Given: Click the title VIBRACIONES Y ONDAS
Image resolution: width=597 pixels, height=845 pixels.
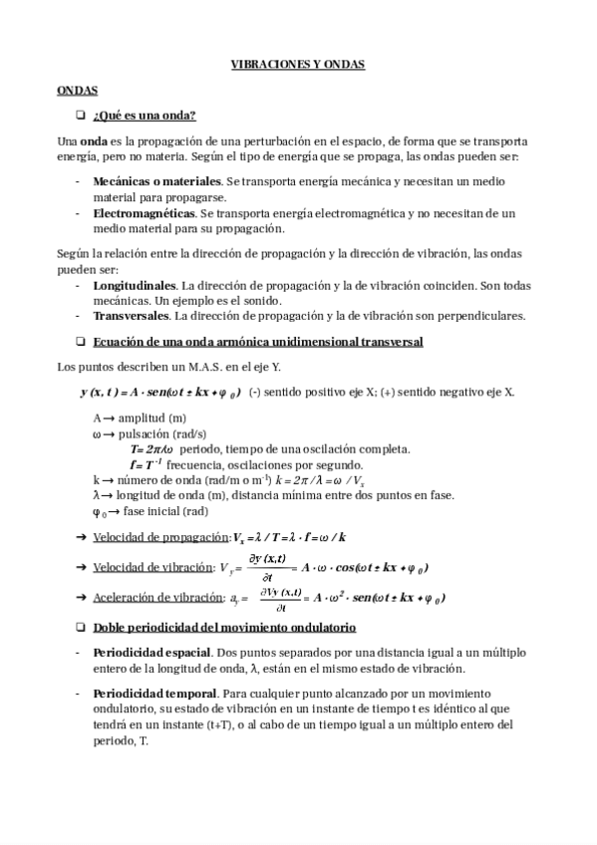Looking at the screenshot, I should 298,64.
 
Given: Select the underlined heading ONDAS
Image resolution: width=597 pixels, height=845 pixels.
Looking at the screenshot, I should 77,90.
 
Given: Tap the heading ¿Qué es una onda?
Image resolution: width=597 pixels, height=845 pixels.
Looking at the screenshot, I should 144,115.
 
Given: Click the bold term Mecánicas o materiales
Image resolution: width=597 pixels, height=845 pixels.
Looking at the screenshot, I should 156,182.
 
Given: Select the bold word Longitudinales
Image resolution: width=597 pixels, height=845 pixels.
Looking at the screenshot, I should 135,285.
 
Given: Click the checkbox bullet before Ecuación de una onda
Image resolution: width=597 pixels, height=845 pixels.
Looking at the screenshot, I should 82,342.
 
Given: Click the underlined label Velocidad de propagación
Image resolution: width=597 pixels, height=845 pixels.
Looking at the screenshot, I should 161,537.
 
